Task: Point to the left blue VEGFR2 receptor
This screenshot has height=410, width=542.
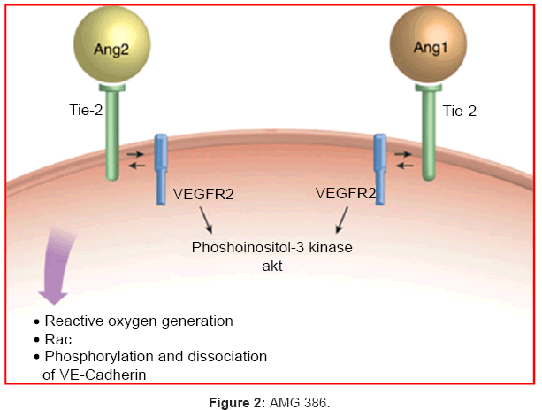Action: coord(161,168)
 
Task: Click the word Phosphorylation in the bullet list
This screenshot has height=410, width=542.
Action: coord(95,356)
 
